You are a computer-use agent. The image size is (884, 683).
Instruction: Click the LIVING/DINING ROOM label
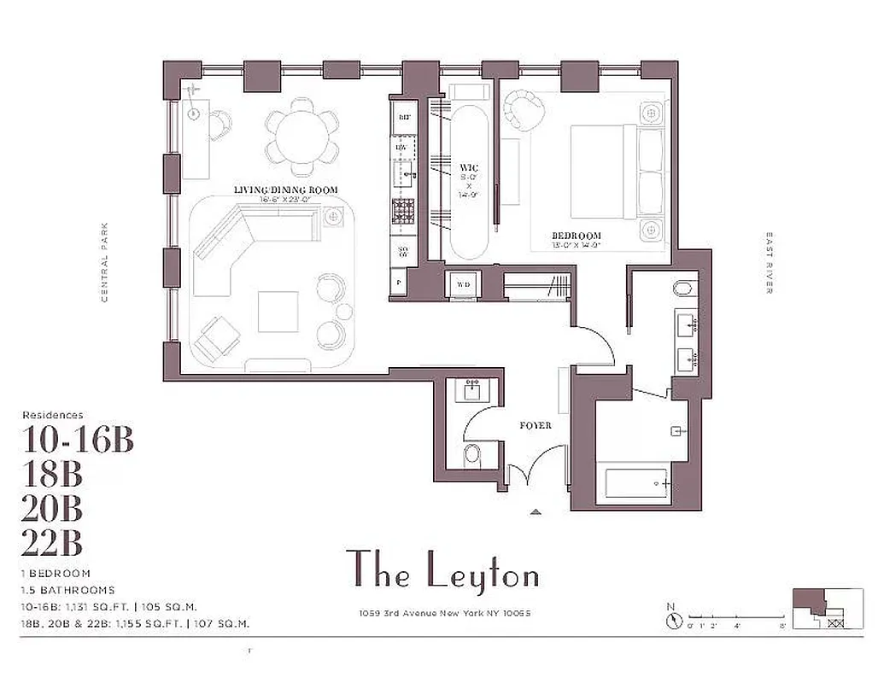tap(286, 190)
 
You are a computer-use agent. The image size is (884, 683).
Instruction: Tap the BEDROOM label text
tap(576, 236)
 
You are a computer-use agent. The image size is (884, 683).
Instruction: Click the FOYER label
tap(536, 424)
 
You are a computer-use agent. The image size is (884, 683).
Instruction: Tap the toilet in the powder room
tap(471, 454)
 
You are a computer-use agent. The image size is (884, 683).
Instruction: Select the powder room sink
tap(472, 392)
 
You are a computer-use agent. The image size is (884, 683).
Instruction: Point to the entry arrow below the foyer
tap(536, 511)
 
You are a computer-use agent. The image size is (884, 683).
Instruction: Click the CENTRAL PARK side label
tap(104, 261)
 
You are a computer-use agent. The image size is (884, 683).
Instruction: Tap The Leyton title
tap(442, 569)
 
